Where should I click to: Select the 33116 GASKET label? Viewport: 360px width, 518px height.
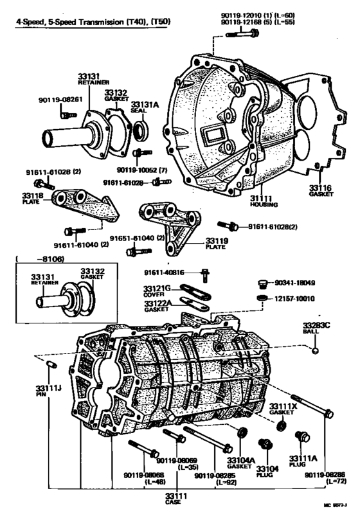[319, 191]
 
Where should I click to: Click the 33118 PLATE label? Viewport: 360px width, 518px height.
[32, 197]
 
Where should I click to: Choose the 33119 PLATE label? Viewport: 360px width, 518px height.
[216, 244]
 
